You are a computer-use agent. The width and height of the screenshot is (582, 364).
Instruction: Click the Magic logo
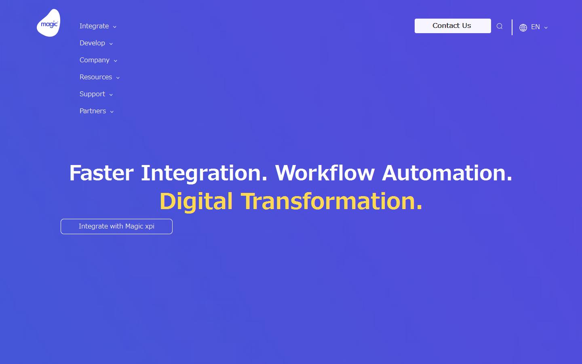[x=48, y=23]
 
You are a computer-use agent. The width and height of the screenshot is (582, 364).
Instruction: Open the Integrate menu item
[x=94, y=26]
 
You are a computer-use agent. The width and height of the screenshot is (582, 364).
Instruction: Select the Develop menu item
[x=92, y=43]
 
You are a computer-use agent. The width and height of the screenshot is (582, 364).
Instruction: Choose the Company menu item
[x=95, y=60]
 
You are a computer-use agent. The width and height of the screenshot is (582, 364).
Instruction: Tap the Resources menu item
[x=96, y=77]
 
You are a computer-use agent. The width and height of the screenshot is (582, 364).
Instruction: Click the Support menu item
[x=92, y=94]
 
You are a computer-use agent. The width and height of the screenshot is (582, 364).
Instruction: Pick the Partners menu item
[x=93, y=111]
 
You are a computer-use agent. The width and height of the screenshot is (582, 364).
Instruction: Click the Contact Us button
[x=452, y=26]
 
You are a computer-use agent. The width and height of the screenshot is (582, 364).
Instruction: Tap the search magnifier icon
[x=500, y=26]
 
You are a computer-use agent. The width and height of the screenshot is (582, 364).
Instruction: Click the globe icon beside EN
[x=523, y=28]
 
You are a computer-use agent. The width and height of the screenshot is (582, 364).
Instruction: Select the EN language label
[x=535, y=27]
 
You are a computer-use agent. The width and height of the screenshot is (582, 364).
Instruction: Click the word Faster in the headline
[x=101, y=173]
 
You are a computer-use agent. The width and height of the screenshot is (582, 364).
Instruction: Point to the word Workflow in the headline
[x=325, y=173]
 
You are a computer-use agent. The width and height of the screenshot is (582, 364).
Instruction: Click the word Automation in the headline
[x=447, y=173]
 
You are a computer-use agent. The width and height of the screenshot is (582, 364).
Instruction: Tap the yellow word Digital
[x=196, y=201]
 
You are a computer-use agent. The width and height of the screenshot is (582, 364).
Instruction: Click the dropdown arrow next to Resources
[x=118, y=78]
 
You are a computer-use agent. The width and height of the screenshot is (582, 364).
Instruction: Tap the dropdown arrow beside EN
[x=546, y=28]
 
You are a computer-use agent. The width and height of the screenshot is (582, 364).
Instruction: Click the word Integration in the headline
[x=204, y=173]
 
